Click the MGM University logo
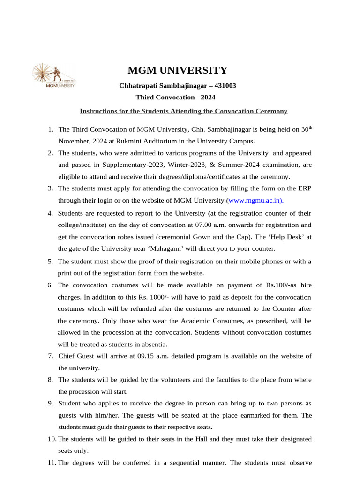pos(53,76)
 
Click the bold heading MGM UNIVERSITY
pos(178,71)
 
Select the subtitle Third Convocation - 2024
pos(176,97)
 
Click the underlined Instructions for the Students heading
pos(183,111)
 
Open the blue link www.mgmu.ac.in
pos(255,201)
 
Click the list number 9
pos(50,403)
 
